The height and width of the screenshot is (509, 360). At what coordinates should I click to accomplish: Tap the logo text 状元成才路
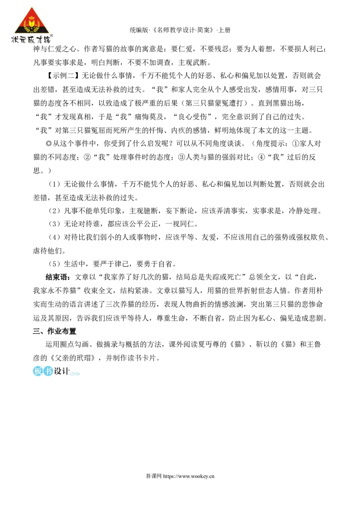[31, 39]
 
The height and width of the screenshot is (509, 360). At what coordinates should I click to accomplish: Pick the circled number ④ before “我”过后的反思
[261, 157]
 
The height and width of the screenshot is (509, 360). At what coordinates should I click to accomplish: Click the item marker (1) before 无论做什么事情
[54, 184]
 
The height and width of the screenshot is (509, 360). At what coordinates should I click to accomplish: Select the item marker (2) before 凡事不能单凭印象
[54, 211]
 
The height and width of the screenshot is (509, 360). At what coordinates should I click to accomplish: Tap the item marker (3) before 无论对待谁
[54, 224]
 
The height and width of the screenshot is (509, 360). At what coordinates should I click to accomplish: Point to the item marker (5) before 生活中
[54, 264]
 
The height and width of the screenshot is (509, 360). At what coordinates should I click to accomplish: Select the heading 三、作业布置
[54, 331]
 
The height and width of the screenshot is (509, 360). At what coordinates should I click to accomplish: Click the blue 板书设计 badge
[55, 371]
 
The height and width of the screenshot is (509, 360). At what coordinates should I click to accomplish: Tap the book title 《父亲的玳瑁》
[73, 358]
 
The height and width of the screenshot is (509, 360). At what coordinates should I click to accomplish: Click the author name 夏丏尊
[216, 344]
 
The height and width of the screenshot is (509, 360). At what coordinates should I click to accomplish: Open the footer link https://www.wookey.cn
[189, 477]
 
